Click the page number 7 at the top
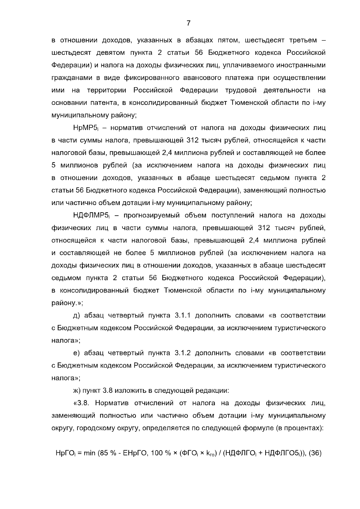click(x=188, y=23)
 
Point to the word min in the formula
click(x=89, y=453)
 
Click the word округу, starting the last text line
click(x=62, y=428)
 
